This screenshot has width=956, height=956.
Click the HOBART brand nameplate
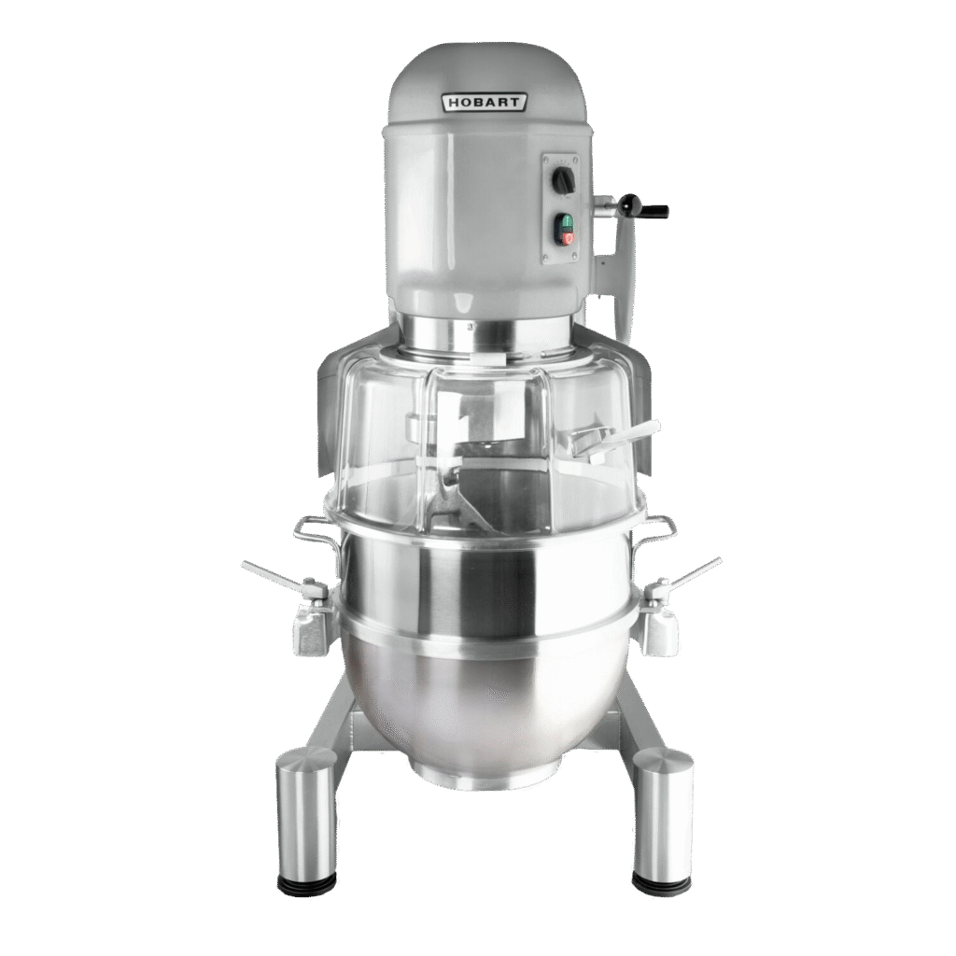tap(485, 103)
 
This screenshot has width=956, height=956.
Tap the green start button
tap(565, 223)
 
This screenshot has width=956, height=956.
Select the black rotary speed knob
tap(563, 180)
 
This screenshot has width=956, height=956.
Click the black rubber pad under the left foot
tap(306, 882)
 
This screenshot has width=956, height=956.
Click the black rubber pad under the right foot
tap(662, 882)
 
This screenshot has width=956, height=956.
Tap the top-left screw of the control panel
tap(549, 160)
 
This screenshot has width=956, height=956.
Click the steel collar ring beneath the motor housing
tap(485, 334)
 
